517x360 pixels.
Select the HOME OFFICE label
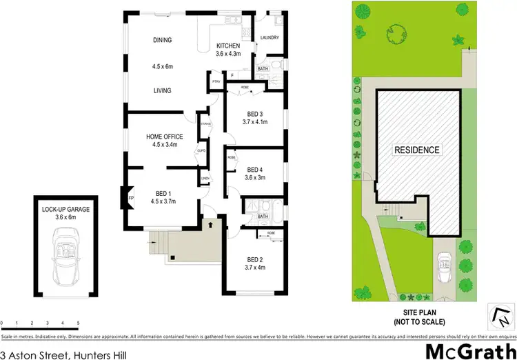164,137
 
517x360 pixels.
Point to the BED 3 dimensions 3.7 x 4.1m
255,122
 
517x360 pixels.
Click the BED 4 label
255,170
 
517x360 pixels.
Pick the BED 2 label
255,259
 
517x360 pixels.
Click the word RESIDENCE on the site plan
416,150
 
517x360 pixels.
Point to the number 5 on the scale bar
79,323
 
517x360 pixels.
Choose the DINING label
163,40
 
